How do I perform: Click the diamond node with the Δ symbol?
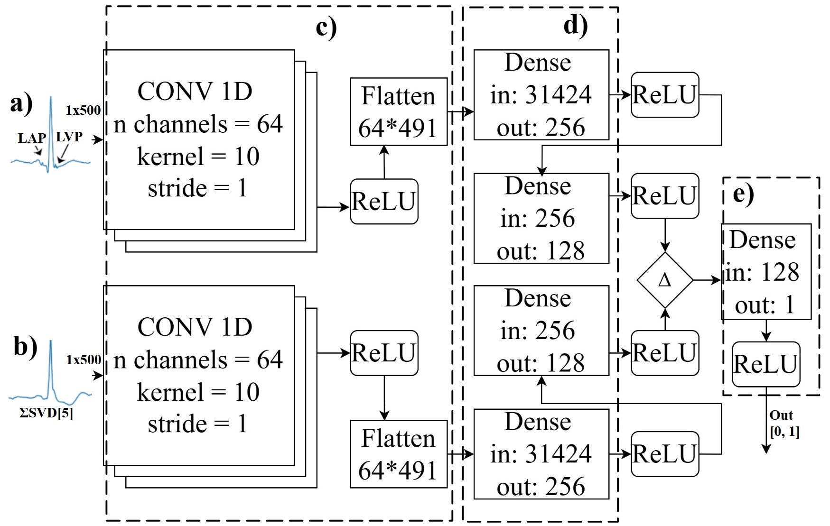coord(665,280)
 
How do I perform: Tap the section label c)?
coord(326,27)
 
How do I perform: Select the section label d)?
coord(575,25)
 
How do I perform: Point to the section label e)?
coord(743,194)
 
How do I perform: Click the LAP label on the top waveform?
coord(32,138)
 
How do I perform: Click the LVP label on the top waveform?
coord(69,137)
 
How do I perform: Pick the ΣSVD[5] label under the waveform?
coord(46,413)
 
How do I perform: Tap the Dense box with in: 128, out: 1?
coord(766,272)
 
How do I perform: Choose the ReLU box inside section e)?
coord(766,364)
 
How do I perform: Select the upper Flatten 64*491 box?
coord(399,112)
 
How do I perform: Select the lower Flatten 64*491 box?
coord(399,454)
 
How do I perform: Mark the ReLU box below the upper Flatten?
coord(384,202)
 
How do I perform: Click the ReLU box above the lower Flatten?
coord(384,353)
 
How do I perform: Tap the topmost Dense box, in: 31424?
coord(541,95)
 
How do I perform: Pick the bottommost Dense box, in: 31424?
coord(541,454)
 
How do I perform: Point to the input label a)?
coord(21,103)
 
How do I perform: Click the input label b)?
coord(25,346)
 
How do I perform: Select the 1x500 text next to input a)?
coord(83,111)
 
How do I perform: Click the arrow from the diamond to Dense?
coord(707,280)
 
